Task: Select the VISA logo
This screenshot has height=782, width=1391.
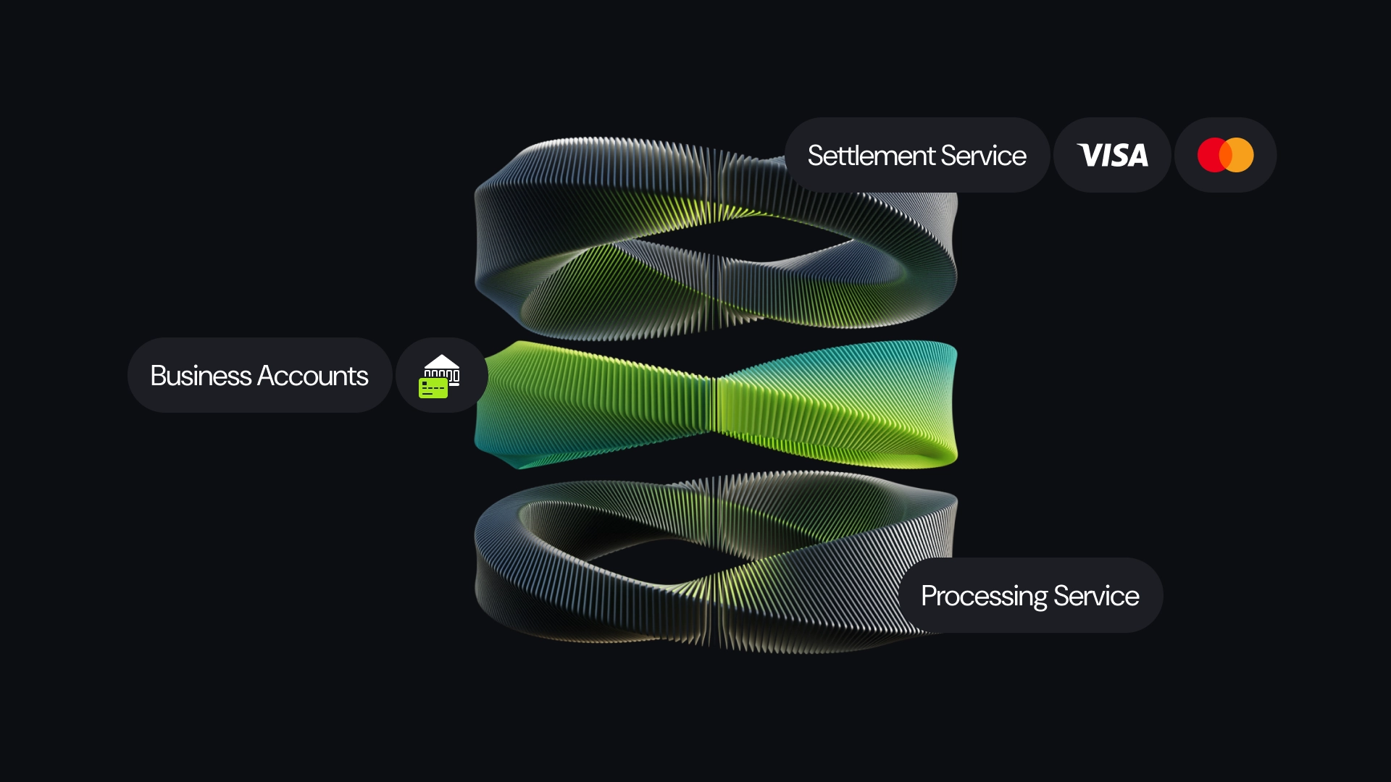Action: click(x=1112, y=155)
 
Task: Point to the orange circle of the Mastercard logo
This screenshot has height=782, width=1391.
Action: click(x=1240, y=155)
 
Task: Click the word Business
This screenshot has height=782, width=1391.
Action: click(x=201, y=376)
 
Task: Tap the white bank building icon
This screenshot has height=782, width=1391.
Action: click(x=443, y=368)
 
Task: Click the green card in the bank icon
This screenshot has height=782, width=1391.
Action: click(x=433, y=388)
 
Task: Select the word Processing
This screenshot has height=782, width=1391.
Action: click(x=984, y=596)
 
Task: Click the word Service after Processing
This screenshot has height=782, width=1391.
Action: click(x=1096, y=596)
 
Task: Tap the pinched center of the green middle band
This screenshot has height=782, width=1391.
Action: click(x=715, y=402)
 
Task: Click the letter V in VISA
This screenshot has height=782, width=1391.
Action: click(x=1089, y=155)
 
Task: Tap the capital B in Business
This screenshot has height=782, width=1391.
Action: click(x=159, y=376)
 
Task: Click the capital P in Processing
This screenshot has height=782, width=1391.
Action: click(x=930, y=596)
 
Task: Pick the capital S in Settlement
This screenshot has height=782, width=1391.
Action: click(x=816, y=156)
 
